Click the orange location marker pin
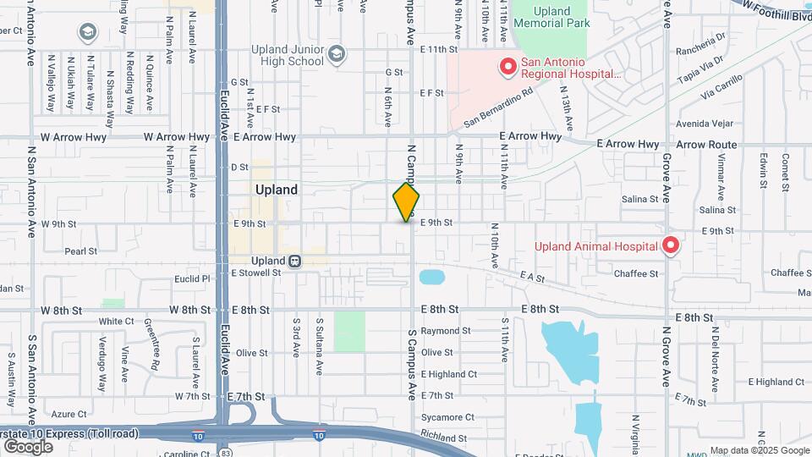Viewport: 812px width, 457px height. [406, 201]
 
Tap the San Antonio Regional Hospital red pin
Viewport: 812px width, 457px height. [508, 66]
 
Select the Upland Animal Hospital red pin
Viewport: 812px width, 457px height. [671, 245]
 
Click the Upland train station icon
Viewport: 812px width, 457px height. [294, 261]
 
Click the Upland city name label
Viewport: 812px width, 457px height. [277, 190]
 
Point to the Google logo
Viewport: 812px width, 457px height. [29, 446]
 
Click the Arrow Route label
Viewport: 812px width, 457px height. [706, 145]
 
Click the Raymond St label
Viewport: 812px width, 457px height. [445, 331]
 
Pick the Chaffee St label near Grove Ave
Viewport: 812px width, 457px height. [636, 273]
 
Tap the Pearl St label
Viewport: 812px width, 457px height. [81, 251]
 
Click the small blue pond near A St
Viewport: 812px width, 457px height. [431, 277]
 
